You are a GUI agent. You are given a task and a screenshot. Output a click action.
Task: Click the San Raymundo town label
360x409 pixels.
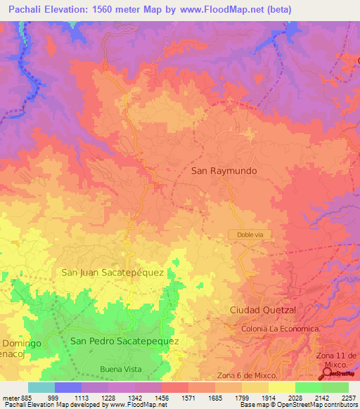[224, 171]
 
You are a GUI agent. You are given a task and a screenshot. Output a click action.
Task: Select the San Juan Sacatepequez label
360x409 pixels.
[112, 272]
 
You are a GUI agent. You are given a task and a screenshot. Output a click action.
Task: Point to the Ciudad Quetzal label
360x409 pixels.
[264, 310]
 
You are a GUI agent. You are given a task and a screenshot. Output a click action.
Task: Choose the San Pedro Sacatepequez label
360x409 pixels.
[124, 341]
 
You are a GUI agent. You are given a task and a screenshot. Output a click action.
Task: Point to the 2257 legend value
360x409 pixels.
[349, 397]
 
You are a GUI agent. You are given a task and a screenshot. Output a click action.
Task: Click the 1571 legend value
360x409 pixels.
[188, 397]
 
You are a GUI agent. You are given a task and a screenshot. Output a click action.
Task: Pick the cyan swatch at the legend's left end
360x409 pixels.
[41, 387]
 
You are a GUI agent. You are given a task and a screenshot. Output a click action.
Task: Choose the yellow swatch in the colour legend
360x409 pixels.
[282, 387]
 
